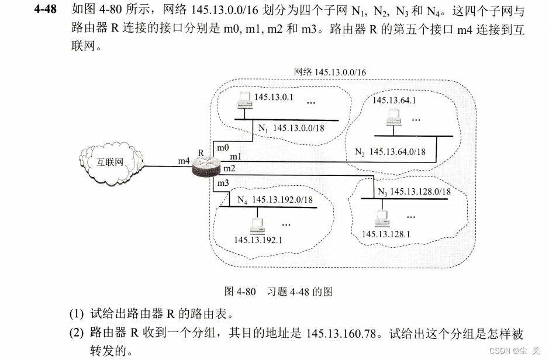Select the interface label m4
(184, 160)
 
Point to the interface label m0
(223, 146)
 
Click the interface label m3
(223, 184)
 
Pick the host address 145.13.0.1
(274, 96)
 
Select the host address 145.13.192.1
(258, 239)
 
